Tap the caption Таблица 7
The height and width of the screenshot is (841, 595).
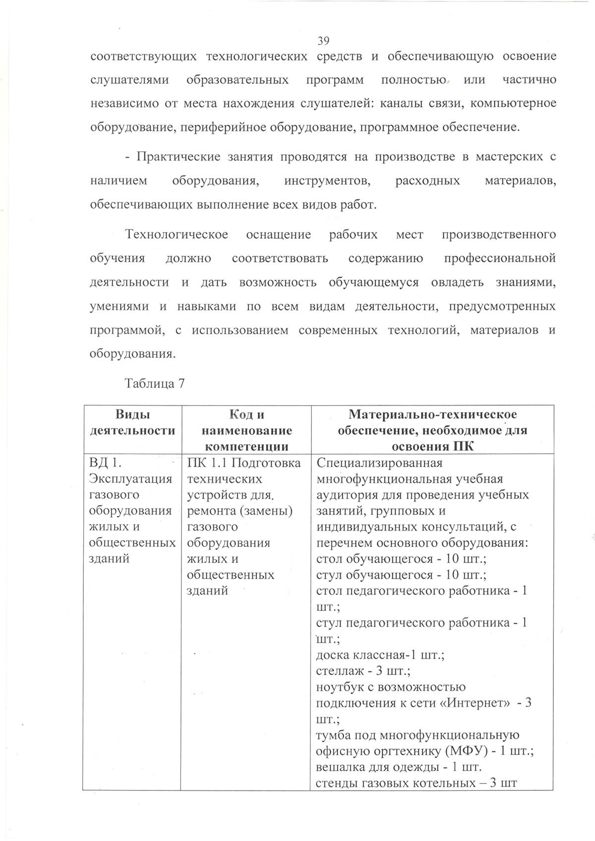point(155,384)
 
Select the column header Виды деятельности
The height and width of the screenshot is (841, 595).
point(132,422)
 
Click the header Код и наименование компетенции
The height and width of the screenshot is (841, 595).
point(246,430)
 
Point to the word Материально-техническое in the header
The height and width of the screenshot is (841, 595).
point(432,415)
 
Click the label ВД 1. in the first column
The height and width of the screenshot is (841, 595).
point(106,463)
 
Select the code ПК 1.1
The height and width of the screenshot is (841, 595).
point(207,463)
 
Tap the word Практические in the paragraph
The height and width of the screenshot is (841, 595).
point(178,157)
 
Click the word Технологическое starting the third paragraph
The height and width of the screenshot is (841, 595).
point(177,235)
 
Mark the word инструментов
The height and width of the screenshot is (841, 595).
point(328,181)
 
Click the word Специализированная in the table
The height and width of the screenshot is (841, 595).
point(379,463)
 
